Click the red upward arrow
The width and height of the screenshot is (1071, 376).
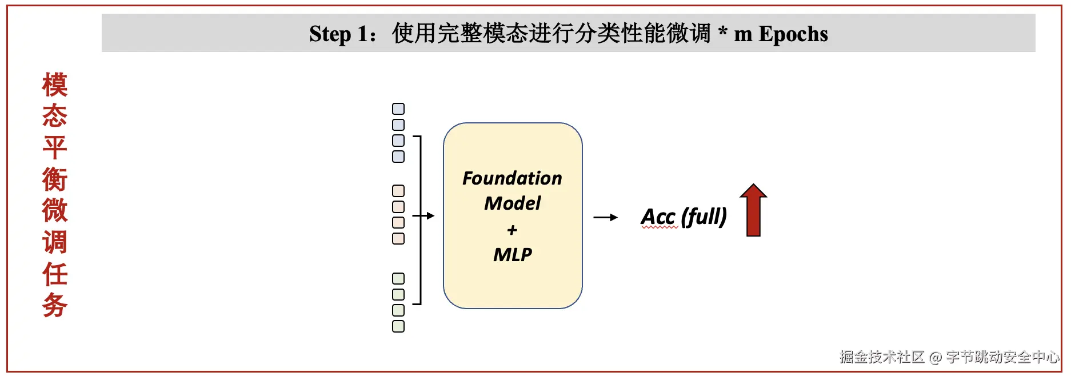pyautogui.click(x=753, y=210)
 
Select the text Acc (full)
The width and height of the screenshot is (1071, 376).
pyautogui.click(x=684, y=217)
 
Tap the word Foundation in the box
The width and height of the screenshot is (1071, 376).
pyautogui.click(x=512, y=178)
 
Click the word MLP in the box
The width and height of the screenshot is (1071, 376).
pyautogui.click(x=512, y=254)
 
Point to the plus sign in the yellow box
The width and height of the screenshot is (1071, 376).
pyautogui.click(x=512, y=230)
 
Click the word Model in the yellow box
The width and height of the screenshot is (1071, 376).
pyautogui.click(x=512, y=203)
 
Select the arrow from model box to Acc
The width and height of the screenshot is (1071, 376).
pyautogui.click(x=605, y=217)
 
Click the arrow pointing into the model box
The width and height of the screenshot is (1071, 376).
pyautogui.click(x=423, y=216)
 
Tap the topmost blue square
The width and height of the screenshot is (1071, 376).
pyautogui.click(x=398, y=109)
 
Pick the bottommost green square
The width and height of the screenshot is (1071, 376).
pyautogui.click(x=398, y=326)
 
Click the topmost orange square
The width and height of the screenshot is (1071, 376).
pyautogui.click(x=398, y=191)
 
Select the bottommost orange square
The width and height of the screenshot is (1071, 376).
pyautogui.click(x=398, y=238)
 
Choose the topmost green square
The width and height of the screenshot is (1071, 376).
pyautogui.click(x=398, y=279)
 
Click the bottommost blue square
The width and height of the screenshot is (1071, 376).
pyautogui.click(x=398, y=156)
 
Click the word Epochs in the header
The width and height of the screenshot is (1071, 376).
pyautogui.click(x=793, y=34)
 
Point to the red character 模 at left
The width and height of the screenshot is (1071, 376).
pyautogui.click(x=55, y=85)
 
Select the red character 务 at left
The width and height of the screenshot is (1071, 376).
pyautogui.click(x=55, y=305)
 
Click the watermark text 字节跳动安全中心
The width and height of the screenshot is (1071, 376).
pyautogui.click(x=1002, y=357)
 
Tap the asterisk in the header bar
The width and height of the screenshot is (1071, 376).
pyautogui.click(x=723, y=31)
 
